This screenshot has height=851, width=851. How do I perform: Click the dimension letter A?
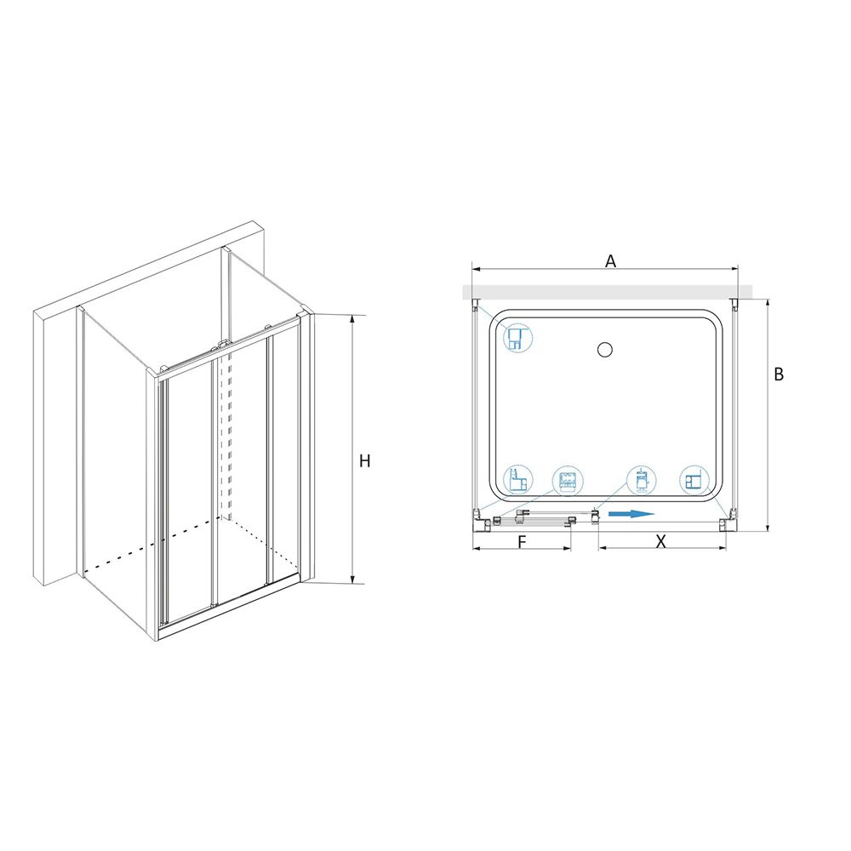pyautogui.click(x=610, y=261)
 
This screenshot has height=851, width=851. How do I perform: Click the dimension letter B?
pyautogui.click(x=779, y=374)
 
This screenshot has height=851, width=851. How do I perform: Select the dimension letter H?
pyautogui.click(x=365, y=460)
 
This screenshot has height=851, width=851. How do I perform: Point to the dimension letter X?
pyautogui.click(x=660, y=541)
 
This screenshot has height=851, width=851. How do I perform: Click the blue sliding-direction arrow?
pyautogui.click(x=631, y=514)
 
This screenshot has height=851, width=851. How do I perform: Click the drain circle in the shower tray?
pyautogui.click(x=604, y=350)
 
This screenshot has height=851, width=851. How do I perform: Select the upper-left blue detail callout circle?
pyautogui.click(x=518, y=339)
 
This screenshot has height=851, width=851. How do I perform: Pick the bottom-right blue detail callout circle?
pyautogui.click(x=694, y=480)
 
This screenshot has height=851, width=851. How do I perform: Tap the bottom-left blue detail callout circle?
pyautogui.click(x=517, y=480)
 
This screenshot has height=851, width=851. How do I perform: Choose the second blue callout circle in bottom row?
pyautogui.click(x=567, y=480)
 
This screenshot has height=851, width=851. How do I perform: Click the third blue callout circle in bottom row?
pyautogui.click(x=642, y=480)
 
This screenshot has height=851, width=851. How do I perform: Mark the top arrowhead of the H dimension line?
pyautogui.click(x=353, y=317)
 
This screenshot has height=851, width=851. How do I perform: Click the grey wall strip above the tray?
pyautogui.click(x=608, y=292)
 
